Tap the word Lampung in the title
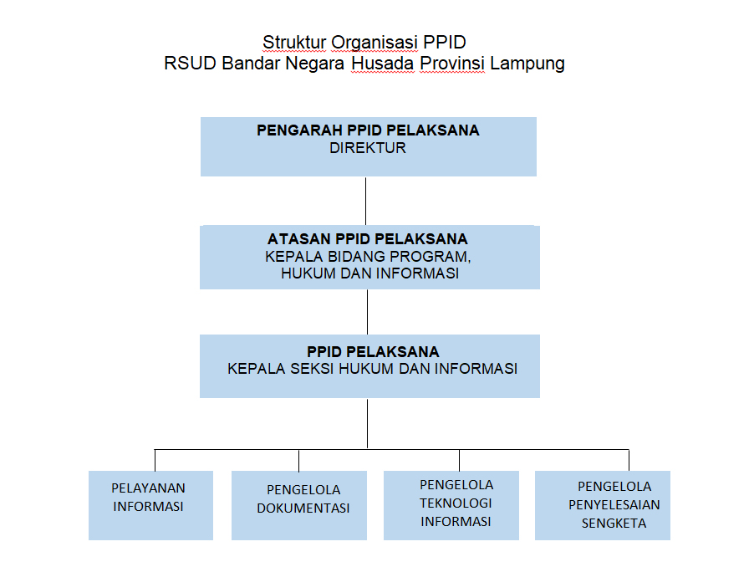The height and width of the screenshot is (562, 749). (x=527, y=64)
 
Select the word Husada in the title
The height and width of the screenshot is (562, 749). (x=383, y=64)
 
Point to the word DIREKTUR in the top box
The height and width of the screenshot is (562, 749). (x=368, y=148)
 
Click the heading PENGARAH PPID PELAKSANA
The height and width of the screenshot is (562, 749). (x=368, y=130)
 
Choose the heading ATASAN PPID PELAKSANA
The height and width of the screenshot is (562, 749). (x=368, y=239)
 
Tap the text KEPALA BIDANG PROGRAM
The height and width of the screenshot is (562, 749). (x=368, y=256)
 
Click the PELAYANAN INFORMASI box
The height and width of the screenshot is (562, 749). (x=149, y=505)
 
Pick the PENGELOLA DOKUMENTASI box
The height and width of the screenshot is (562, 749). (x=303, y=505)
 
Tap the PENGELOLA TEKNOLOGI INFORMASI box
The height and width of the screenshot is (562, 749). (x=456, y=505)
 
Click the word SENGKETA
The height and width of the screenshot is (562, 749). (x=614, y=524)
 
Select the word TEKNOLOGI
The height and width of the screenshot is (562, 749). (x=456, y=503)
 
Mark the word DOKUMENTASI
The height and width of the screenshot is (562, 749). (x=303, y=508)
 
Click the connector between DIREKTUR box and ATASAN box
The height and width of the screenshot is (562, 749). (x=366, y=201)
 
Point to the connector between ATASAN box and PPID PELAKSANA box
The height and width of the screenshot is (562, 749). (x=367, y=311)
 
